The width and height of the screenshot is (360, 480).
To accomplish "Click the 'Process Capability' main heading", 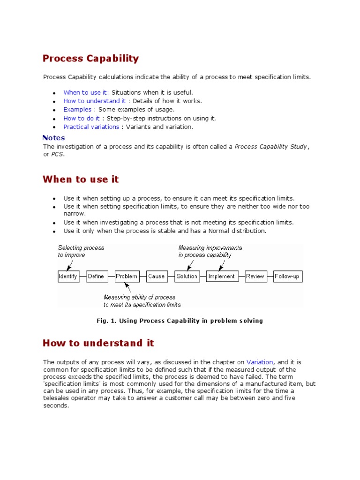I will click(90, 59).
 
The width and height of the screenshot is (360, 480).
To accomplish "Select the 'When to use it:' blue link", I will click(86, 92).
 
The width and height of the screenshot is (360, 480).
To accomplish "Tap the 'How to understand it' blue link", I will click(94, 101).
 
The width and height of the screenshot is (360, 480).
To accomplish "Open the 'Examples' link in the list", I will click(77, 110).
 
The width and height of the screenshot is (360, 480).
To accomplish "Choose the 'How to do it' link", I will click(81, 118).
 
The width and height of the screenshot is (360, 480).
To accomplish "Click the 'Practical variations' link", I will click(91, 127).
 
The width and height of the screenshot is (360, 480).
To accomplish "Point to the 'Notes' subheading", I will click(53, 138).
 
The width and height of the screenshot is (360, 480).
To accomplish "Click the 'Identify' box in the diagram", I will click(68, 277).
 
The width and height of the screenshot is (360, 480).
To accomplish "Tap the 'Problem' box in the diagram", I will click(127, 277).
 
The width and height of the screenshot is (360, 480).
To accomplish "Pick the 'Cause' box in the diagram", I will click(156, 277).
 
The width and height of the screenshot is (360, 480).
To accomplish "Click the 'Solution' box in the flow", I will click(187, 277).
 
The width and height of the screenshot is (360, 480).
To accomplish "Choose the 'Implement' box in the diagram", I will click(222, 277).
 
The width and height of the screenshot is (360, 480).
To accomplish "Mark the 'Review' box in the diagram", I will click(255, 277).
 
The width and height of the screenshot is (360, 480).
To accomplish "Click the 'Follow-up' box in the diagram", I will click(287, 277).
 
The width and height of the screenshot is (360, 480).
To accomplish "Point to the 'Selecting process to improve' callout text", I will click(81, 251).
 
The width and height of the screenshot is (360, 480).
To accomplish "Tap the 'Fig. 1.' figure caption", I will click(180, 321).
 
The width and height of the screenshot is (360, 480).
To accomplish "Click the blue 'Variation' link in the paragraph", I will click(260, 362).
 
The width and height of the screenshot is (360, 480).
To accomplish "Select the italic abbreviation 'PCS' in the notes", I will click(56, 155).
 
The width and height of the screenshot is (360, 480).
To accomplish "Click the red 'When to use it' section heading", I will click(81, 180).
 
